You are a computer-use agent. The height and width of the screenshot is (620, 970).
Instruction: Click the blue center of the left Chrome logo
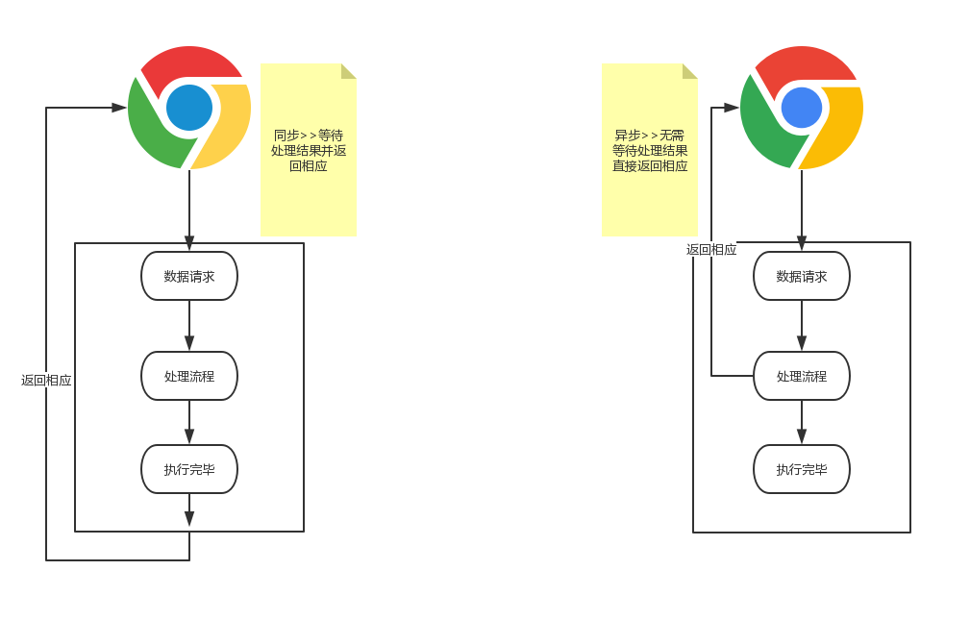click(x=189, y=108)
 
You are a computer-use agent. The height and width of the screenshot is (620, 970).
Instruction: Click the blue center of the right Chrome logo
click(x=802, y=108)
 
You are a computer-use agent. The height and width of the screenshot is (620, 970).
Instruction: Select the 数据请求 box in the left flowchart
click(x=189, y=276)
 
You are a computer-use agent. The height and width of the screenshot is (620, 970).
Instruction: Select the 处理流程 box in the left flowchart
click(x=189, y=376)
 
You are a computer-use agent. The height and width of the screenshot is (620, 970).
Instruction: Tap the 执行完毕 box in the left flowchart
click(x=189, y=469)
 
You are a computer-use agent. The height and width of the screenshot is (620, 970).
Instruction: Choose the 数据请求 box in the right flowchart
click(x=802, y=276)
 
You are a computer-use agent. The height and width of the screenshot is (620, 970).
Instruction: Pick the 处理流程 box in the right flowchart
click(x=802, y=376)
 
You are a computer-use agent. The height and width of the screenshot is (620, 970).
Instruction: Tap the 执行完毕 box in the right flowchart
click(x=802, y=469)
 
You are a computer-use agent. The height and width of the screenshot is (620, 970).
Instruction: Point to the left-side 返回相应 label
click(x=46, y=381)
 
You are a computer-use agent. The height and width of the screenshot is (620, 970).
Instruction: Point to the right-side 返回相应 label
click(x=711, y=250)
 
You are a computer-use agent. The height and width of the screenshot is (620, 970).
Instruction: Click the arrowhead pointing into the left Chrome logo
click(x=119, y=108)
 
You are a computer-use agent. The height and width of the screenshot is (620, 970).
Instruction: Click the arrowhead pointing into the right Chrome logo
click(x=732, y=108)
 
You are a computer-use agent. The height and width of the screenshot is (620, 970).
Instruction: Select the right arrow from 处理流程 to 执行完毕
click(x=802, y=421)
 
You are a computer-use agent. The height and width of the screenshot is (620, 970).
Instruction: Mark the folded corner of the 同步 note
click(x=347, y=71)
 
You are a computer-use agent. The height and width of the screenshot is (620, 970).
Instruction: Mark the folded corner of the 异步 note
click(x=688, y=71)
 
